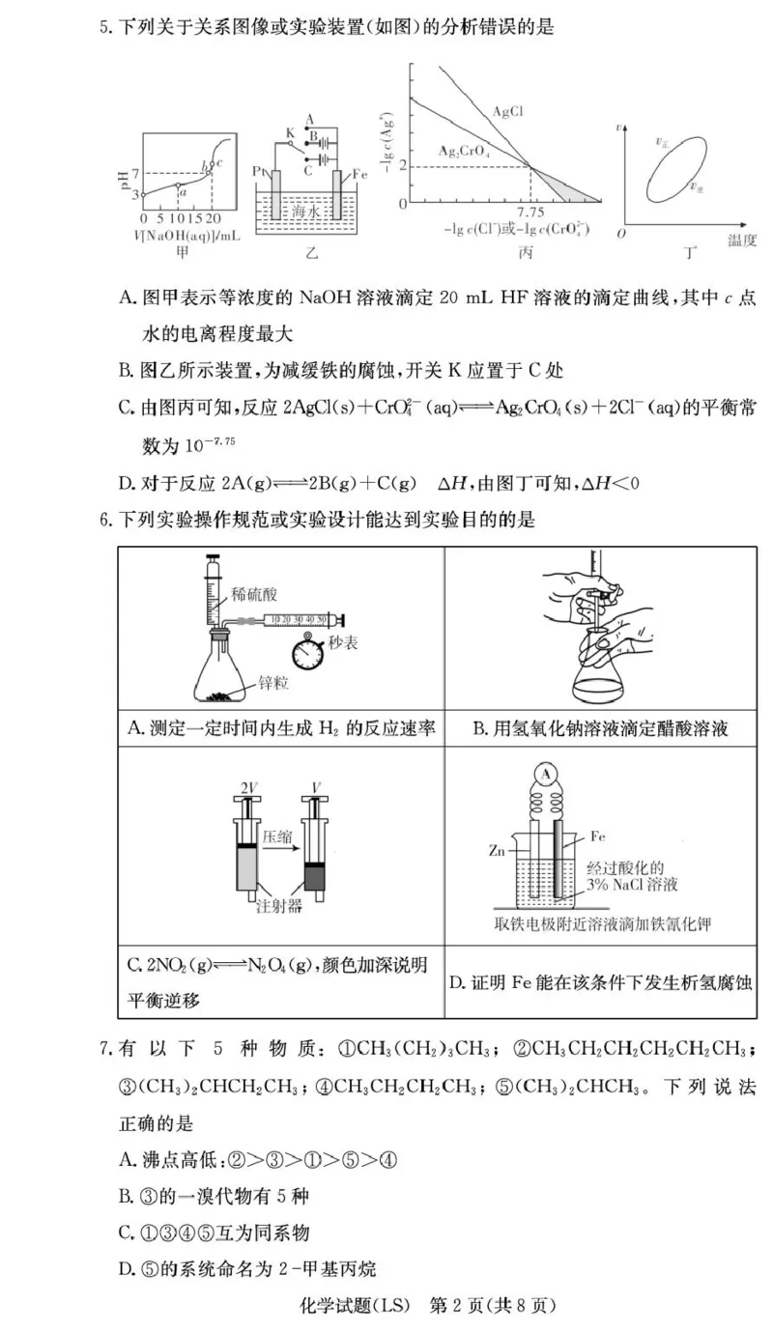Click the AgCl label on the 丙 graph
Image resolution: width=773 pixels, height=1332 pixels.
508,111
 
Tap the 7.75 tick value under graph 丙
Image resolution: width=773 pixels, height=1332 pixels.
530,212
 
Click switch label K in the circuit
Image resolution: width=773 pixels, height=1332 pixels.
288,132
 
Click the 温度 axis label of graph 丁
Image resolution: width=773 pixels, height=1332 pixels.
741,241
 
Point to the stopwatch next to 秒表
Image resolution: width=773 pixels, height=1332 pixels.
310,651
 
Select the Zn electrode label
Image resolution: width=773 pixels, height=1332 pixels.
498,853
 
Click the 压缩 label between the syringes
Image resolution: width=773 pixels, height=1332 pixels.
275,838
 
